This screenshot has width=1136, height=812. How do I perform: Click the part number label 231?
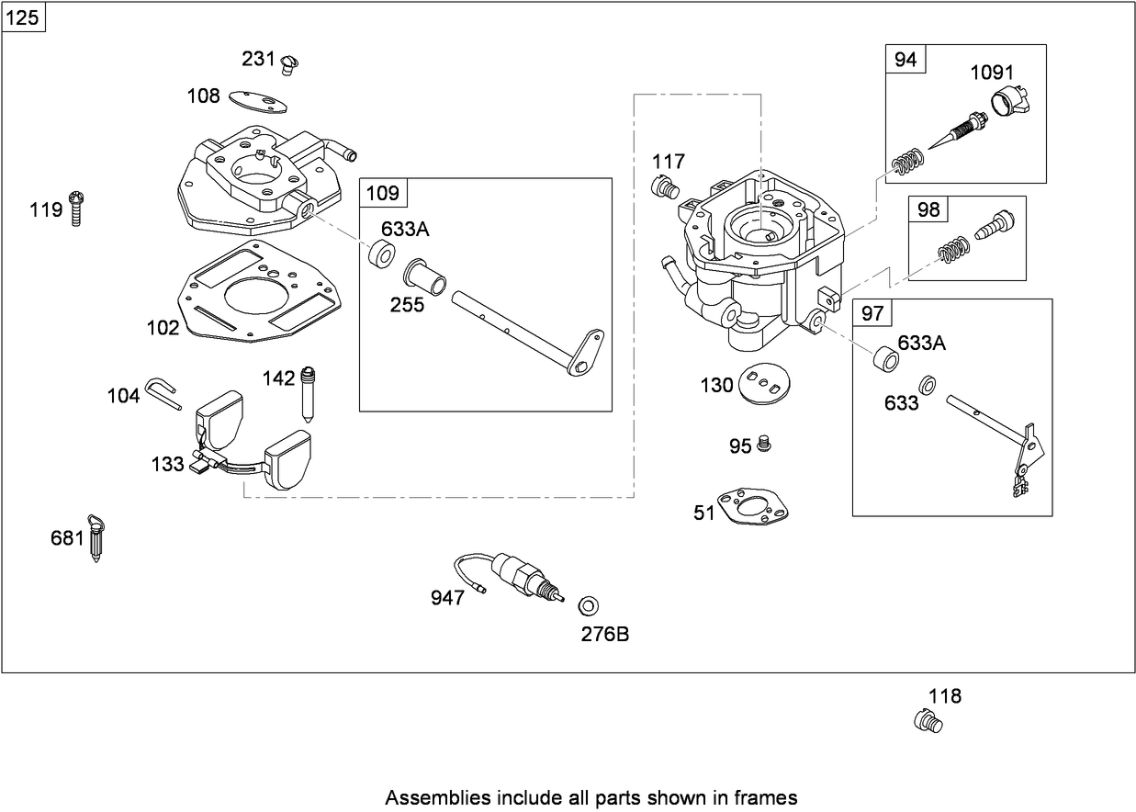[258, 59]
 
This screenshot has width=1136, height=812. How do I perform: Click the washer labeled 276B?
[589, 605]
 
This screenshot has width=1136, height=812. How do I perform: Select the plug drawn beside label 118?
[928, 722]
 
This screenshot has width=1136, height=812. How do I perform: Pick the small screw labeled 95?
[764, 445]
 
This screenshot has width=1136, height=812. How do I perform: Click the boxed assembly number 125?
[22, 17]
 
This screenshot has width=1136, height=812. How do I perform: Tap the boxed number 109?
[383, 193]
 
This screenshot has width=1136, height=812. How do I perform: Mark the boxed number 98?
[928, 210]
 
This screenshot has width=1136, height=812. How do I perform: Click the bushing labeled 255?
[425, 276]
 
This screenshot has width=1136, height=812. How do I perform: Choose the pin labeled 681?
[96, 536]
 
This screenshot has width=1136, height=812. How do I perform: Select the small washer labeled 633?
[928, 384]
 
